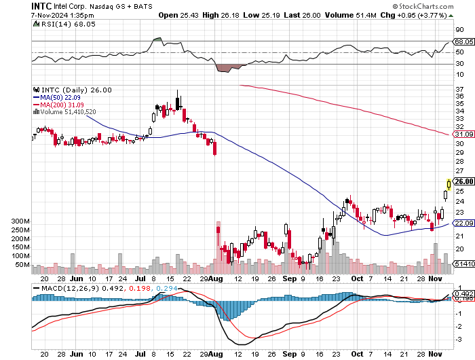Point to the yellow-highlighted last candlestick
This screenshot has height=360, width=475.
449,184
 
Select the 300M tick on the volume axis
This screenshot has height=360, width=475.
21,222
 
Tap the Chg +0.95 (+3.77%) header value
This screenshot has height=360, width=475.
414,14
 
